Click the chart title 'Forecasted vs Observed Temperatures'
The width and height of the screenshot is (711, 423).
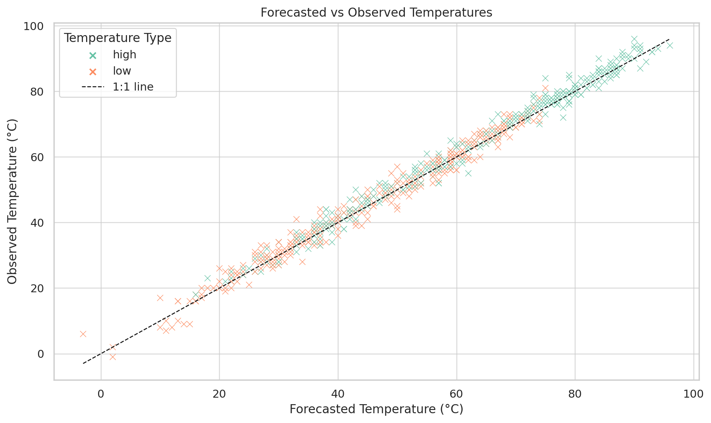coord(376,13)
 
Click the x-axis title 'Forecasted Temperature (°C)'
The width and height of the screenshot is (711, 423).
coord(376,409)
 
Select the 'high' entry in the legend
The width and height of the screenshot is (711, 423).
coord(124,55)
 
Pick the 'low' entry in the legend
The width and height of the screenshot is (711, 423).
coord(122,71)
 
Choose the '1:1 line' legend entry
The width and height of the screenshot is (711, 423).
coord(133,87)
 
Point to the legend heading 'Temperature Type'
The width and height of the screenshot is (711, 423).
coord(118,38)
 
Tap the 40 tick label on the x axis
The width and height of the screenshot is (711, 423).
coord(338,394)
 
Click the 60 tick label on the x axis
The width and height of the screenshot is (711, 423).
coord(457,394)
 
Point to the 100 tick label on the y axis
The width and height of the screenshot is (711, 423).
coord(34,26)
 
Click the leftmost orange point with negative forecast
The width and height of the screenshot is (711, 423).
coord(83,334)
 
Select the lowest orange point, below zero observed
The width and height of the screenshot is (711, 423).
coord(113,357)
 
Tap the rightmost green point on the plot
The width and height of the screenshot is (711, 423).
coord(670,45)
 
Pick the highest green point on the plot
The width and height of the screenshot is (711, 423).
coord(634,39)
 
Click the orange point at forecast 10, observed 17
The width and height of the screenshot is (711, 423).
coord(160,298)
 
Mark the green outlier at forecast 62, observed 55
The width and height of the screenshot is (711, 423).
coord(469,173)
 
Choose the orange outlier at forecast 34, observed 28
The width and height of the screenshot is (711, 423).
coord(302,262)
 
